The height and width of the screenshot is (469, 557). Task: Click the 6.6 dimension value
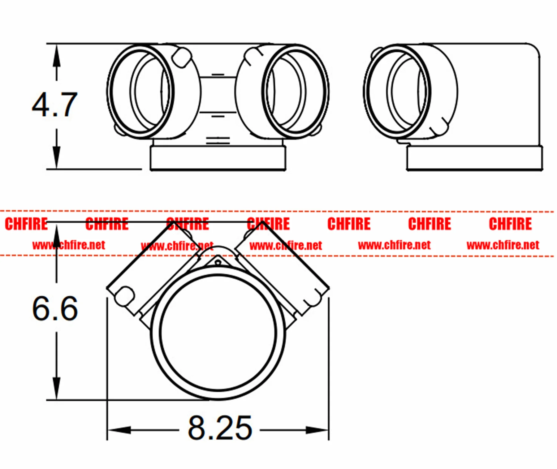coord(55,308)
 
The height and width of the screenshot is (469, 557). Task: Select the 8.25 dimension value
coord(220,428)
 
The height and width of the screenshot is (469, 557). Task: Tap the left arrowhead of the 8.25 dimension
coord(119,430)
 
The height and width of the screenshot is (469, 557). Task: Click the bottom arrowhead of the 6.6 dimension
coord(56,388)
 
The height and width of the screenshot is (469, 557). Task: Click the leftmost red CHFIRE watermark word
coord(26,224)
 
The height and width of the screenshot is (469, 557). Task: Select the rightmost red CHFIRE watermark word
coord(510,224)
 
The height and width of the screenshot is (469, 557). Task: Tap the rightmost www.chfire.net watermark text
coord(503,245)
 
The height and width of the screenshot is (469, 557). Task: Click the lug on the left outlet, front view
coord(181,58)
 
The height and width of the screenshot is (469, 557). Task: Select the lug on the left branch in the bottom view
coord(124,295)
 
